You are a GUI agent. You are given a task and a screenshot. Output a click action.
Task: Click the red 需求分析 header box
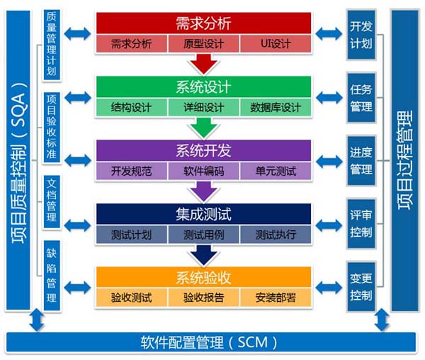[203, 23]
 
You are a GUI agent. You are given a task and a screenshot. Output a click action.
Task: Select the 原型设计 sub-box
[203, 44]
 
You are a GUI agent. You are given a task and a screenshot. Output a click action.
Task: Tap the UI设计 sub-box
[276, 44]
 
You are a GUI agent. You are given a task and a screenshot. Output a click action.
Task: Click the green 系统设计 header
[203, 86]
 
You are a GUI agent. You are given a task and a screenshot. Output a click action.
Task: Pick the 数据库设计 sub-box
[276, 108]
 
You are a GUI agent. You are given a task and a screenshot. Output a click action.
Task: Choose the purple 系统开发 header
[203, 150]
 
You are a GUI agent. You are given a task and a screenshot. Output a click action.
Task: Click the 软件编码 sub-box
[203, 171]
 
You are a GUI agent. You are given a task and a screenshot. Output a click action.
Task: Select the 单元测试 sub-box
[276, 171]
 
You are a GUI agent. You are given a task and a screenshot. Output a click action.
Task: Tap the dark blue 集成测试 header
[203, 213]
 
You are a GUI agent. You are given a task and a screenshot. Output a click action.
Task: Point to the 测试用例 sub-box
[203, 235]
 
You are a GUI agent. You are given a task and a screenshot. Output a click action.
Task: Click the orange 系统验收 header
[203, 276]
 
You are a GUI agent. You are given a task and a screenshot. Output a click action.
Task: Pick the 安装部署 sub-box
[276, 298]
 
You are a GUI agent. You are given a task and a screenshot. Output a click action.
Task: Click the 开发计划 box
[360, 34]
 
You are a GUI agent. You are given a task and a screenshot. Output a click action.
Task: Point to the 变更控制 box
[360, 287]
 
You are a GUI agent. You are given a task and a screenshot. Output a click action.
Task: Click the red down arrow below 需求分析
[203, 64]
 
